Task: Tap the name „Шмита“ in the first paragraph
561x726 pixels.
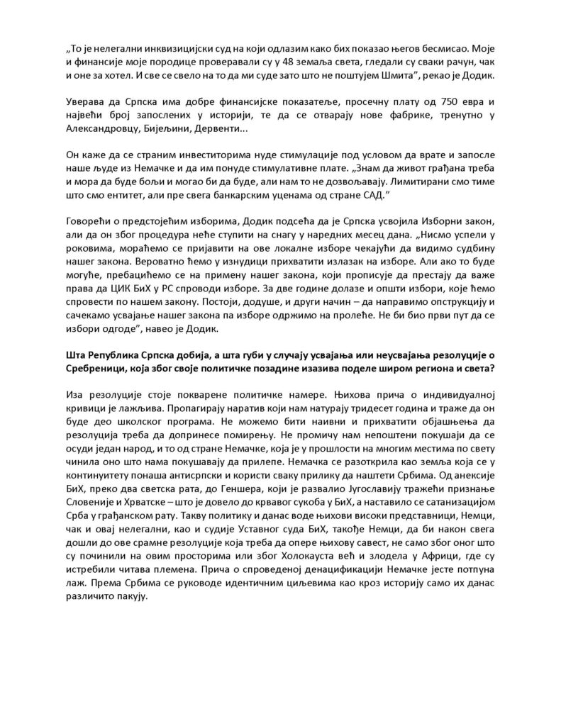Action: pos(423,81)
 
